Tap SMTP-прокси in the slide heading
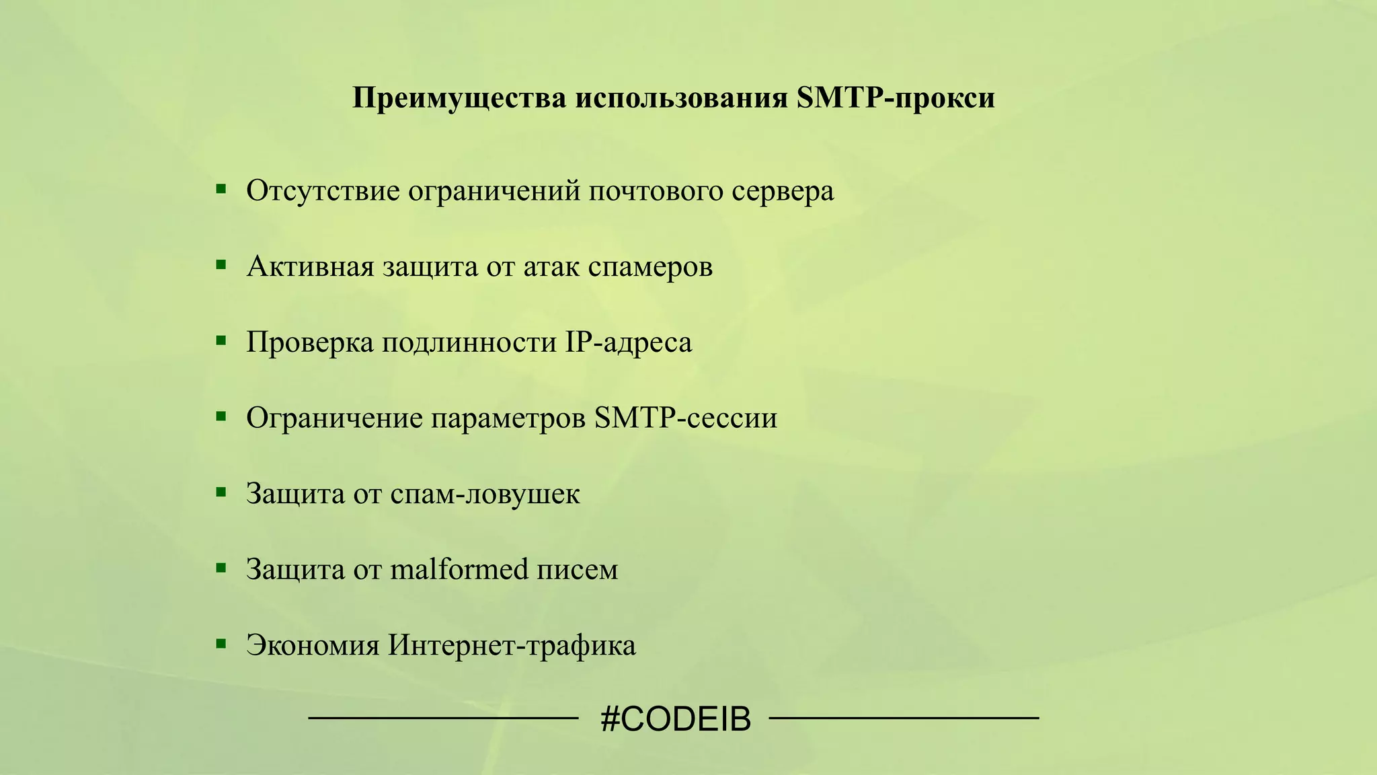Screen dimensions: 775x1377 tap(895, 98)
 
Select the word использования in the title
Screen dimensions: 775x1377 tap(680, 98)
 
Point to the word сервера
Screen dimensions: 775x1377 tap(783, 191)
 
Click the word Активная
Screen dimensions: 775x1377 tap(310, 267)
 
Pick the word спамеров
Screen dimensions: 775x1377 tap(650, 267)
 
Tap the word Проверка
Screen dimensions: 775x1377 tap(309, 342)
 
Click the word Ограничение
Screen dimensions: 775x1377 tap(334, 418)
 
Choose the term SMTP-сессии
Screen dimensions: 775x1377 tap(686, 418)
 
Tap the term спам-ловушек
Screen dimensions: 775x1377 tap(485, 494)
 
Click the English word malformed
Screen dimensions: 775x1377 tap(459, 570)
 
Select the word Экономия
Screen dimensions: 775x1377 tap(313, 646)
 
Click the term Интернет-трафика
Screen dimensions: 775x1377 tap(512, 646)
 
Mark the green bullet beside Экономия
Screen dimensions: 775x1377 tap(221, 643)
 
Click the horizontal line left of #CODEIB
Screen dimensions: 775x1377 tap(443, 719)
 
